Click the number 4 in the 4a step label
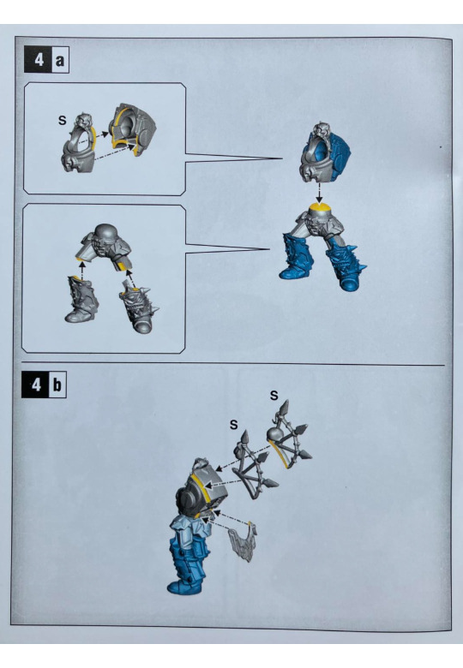pos(39,60)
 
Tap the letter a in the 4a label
pos(60,61)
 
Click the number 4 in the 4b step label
pos(37,385)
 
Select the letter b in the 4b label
pos(57,385)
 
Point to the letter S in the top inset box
pos(63,121)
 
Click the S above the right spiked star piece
pos(274,396)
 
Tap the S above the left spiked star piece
pos(233,425)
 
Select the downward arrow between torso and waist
pos(318,194)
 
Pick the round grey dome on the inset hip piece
pos(105,233)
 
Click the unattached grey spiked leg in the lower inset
pos(139,307)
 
